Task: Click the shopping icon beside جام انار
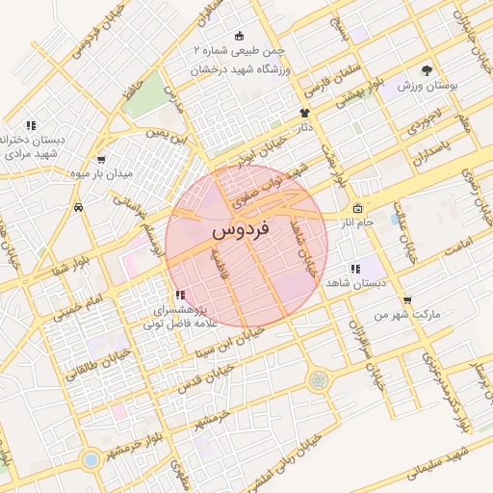(357, 209)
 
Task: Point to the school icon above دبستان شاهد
(355, 270)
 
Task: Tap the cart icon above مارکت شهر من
(408, 300)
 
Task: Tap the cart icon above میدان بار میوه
(101, 160)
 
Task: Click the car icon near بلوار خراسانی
(76, 207)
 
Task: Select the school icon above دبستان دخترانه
(32, 125)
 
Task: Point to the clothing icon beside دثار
(302, 114)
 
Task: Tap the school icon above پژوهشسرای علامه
(179, 296)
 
